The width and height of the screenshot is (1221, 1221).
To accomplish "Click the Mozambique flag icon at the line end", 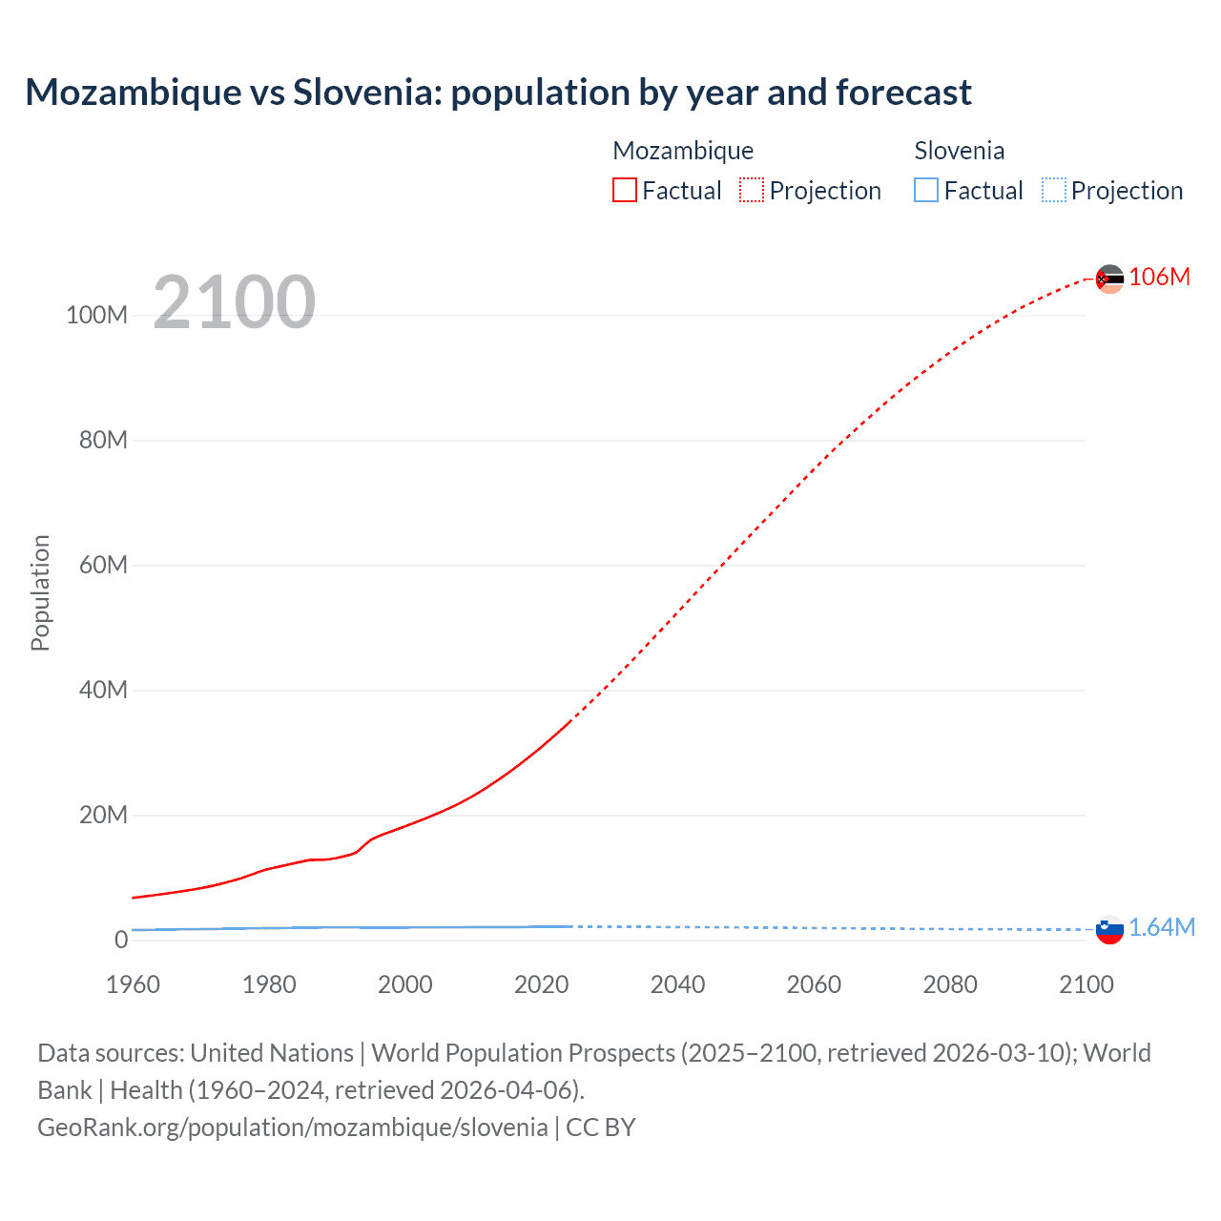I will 1109,279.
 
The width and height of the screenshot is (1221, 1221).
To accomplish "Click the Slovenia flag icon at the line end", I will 1109,929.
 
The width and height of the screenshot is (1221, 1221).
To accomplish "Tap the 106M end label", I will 1159,277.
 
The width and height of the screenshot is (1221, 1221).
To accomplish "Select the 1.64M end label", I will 1162,927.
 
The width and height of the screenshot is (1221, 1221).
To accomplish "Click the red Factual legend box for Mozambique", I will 625,191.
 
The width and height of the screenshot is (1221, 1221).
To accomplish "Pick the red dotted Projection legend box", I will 752,191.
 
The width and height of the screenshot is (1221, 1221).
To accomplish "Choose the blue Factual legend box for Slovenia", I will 926,191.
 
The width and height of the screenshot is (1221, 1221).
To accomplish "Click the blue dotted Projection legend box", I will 1054,191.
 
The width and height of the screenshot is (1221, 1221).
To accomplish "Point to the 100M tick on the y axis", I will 96,316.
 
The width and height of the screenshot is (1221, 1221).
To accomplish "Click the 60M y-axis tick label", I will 103,566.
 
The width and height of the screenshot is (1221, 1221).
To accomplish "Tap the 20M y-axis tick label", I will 103,816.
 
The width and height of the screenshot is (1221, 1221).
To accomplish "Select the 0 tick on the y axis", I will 121,941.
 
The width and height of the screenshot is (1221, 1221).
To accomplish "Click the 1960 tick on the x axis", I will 134,984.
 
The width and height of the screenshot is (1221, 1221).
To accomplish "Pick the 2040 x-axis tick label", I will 677,984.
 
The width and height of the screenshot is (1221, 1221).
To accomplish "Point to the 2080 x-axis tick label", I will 950,984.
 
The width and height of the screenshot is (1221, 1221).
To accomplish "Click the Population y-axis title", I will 40,592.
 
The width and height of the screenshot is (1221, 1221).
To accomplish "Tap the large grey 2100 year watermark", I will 234,302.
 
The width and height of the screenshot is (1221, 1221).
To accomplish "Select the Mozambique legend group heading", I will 683,151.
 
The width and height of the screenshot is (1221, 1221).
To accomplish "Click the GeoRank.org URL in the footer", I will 293,1128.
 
